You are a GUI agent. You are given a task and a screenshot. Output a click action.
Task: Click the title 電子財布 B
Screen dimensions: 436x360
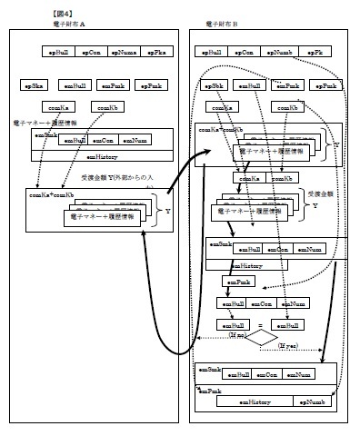[222, 25]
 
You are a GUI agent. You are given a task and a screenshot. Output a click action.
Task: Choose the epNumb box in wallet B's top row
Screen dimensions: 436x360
[279, 54]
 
